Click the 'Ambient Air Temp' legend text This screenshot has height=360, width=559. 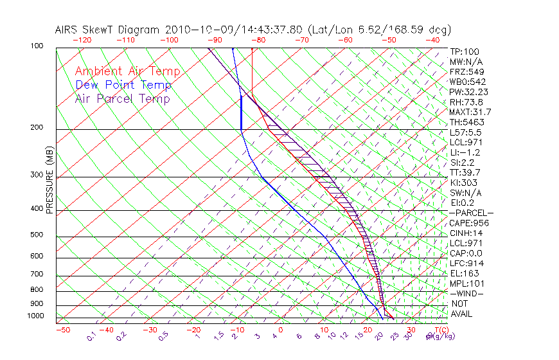click(127, 71)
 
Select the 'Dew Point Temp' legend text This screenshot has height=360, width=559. click(123, 85)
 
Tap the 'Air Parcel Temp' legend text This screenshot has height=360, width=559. click(122, 98)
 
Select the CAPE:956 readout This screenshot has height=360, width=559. click(468, 223)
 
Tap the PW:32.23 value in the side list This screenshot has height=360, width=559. click(468, 92)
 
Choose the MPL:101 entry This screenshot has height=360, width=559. click(466, 283)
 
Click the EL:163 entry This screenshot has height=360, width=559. click(464, 273)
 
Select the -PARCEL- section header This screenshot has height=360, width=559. click(471, 213)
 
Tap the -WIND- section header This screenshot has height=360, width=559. click(466, 293)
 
